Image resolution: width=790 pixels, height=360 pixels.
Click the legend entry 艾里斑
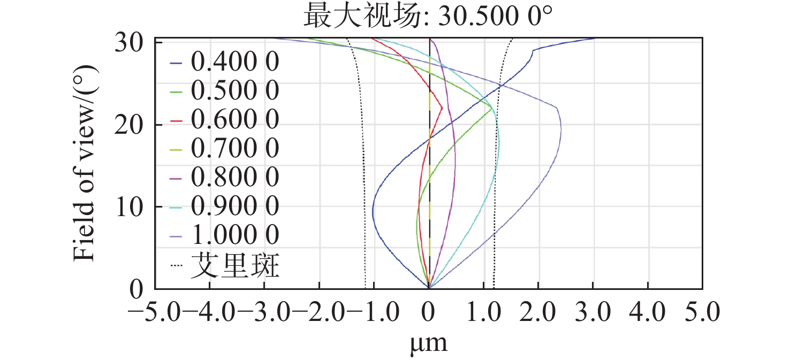pos(235,265)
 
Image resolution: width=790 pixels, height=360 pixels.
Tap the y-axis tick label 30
pos(129,43)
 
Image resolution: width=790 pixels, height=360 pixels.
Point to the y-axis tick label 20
pos(129,125)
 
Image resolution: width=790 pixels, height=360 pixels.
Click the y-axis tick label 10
pos(129,207)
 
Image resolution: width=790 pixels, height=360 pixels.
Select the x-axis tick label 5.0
pos(702,311)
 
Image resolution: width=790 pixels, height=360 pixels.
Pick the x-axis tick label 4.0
pos(648,311)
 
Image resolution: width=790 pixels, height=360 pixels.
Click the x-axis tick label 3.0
pos(592,311)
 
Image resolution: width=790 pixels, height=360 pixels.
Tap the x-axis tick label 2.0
pos(538,311)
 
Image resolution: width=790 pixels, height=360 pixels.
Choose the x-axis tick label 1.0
pos(483,311)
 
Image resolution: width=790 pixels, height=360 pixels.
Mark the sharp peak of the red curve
pos(443,108)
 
